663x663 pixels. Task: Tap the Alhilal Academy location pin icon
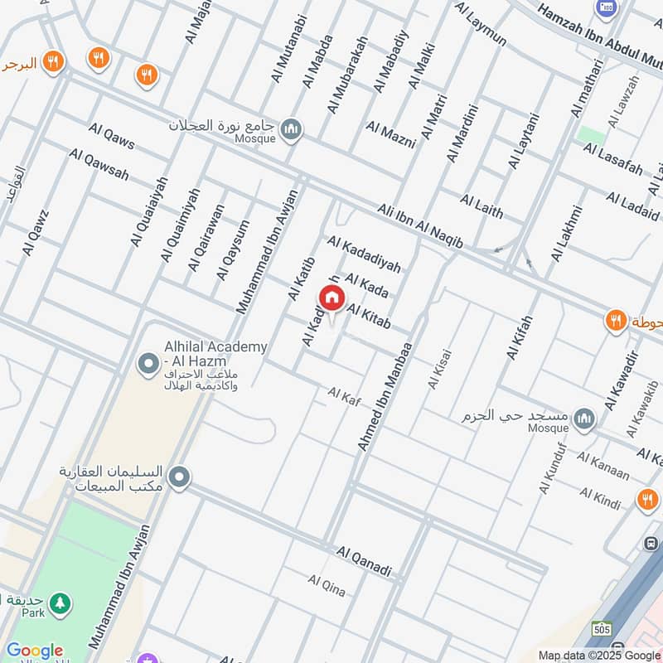tap(149, 363)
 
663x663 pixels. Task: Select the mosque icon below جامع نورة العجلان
tap(291, 128)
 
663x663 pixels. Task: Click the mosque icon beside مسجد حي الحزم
tap(584, 417)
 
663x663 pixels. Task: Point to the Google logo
tap(35, 651)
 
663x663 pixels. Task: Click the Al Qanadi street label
tap(364, 561)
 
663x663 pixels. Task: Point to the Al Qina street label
tap(327, 585)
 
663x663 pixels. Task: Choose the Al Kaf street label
tap(345, 396)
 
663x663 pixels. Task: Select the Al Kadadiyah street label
tap(364, 254)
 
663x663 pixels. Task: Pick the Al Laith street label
tap(482, 206)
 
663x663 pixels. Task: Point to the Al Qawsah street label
tap(99, 165)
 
